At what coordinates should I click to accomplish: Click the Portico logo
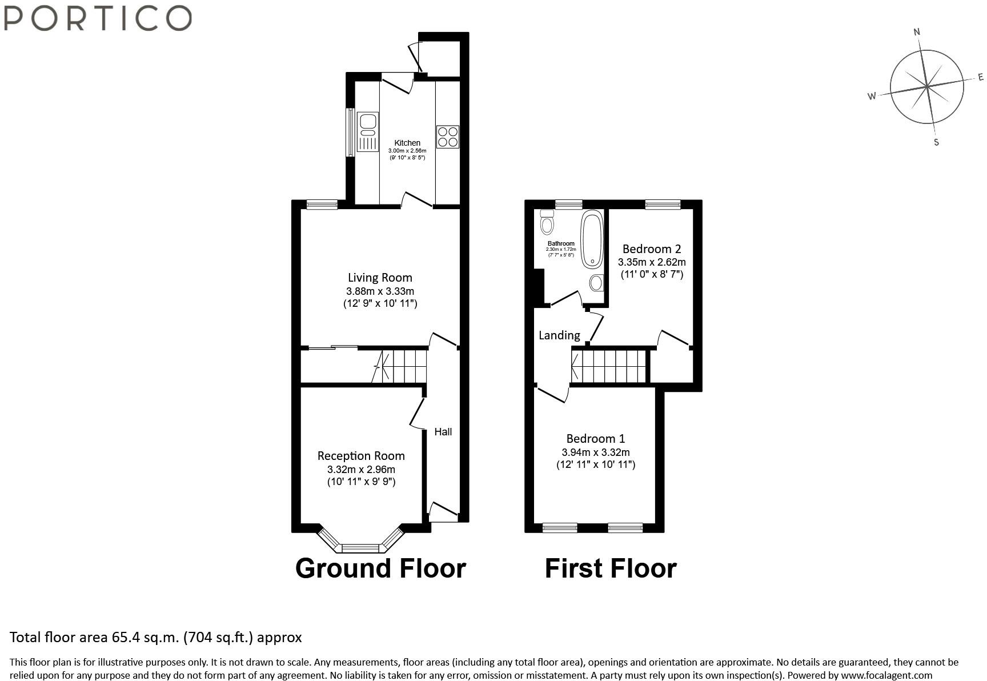coord(97,18)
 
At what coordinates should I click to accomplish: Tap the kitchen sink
coord(367,132)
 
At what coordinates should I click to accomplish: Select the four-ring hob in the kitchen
coord(447,137)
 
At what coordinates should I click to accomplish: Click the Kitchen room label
coord(407,143)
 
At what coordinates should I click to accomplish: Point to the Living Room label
coord(380,278)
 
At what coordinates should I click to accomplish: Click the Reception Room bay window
coord(360,543)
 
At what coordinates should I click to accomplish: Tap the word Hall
coord(443,432)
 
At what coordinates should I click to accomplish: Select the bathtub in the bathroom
coord(592,239)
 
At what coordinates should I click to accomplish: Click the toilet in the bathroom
coord(547,222)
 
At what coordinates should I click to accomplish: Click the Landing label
coord(559,335)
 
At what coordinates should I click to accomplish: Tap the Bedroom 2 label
coord(652,249)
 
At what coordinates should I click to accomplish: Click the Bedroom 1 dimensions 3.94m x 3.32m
coord(596,452)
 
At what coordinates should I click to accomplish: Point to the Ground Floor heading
coord(380,568)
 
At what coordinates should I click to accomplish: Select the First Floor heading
coord(611,568)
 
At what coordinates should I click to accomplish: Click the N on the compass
coord(917,32)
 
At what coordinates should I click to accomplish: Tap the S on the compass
coord(936,142)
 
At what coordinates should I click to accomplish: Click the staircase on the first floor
coord(609,366)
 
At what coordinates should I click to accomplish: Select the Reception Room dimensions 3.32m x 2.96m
coord(361,470)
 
